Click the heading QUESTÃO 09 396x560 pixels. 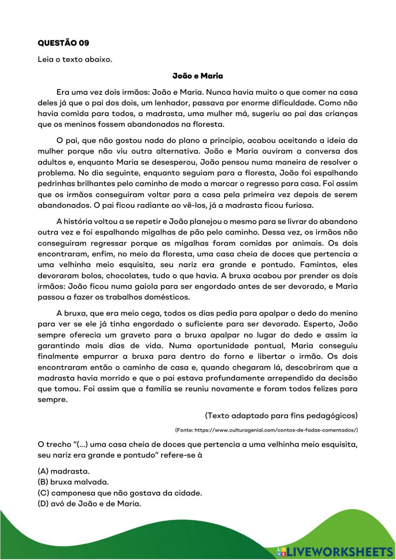pos(63,43)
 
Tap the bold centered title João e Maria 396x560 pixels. pos(198,76)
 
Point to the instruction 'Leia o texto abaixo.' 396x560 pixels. pos(75,59)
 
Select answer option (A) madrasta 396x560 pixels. pos(64,471)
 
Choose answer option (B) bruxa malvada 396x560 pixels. pos(73,482)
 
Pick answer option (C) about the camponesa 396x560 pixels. pos(120,493)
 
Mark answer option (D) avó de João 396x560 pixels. pos(89,504)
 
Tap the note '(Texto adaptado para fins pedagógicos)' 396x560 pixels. pos(281,415)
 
